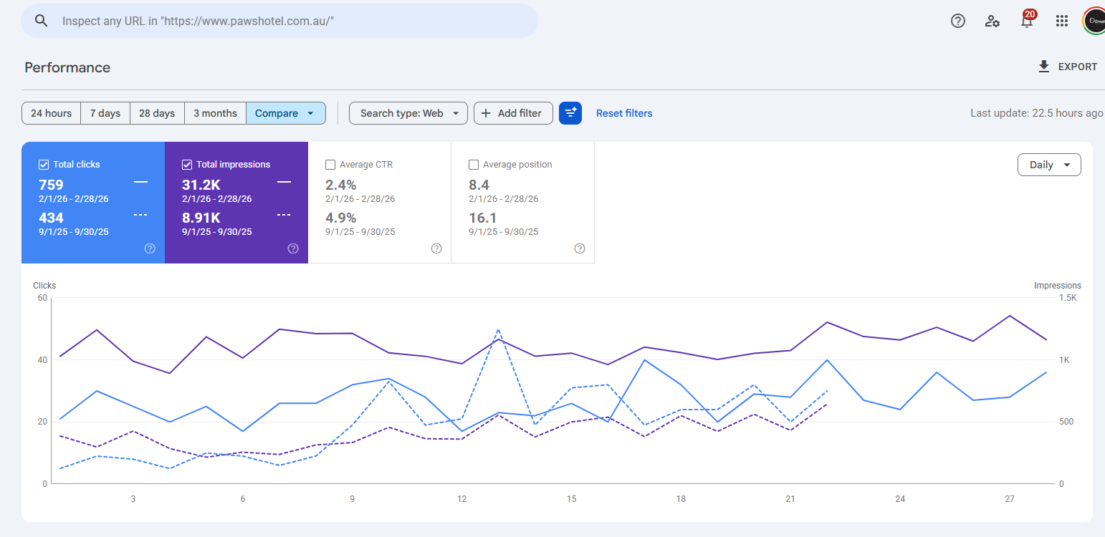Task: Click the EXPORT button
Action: click(x=1067, y=67)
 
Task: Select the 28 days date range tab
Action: click(x=157, y=113)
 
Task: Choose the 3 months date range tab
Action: click(x=215, y=113)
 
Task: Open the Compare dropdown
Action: click(x=286, y=113)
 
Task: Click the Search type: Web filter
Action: click(x=408, y=113)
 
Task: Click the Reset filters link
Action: click(x=624, y=113)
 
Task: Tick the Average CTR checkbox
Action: click(x=330, y=165)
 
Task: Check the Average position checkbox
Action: click(x=474, y=165)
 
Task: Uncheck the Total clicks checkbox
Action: click(x=44, y=165)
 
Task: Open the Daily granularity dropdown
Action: click(x=1049, y=165)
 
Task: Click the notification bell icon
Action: click(x=1027, y=21)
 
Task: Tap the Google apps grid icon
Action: click(x=1061, y=21)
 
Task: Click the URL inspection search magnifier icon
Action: click(x=42, y=21)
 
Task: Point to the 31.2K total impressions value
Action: click(x=201, y=185)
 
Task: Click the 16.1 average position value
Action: click(x=482, y=218)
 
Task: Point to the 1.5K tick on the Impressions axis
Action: click(x=1068, y=298)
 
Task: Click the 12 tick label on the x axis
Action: click(x=461, y=499)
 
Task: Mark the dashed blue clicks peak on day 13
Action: click(x=498, y=329)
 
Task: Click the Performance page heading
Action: click(x=67, y=67)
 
